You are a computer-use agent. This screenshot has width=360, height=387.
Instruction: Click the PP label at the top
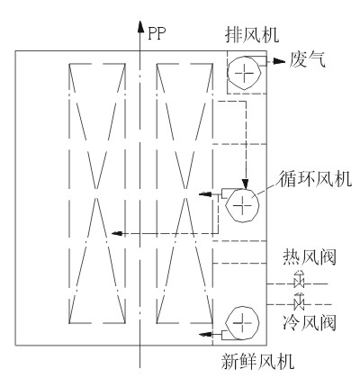click(157, 33)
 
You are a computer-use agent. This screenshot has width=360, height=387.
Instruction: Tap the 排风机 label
click(252, 35)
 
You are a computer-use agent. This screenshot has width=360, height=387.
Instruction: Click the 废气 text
click(307, 59)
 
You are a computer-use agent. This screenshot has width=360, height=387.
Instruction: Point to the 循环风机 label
click(315, 179)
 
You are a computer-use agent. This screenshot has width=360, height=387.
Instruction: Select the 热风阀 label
click(310, 257)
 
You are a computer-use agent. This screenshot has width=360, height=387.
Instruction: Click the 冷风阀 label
click(310, 322)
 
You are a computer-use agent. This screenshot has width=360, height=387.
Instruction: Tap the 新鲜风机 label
click(257, 361)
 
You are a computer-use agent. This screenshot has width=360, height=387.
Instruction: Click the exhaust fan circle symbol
click(245, 73)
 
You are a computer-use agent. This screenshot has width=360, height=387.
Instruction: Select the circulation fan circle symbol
click(242, 205)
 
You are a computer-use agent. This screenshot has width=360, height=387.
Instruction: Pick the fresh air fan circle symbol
click(242, 323)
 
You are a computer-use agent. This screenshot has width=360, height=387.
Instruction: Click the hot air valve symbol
click(299, 279)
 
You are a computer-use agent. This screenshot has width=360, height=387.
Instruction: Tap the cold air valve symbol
click(299, 301)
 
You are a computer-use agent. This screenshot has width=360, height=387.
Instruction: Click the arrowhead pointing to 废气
click(280, 61)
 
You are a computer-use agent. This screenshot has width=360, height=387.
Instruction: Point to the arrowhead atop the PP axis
click(139, 26)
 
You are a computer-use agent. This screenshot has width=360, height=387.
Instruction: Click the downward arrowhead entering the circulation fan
click(246, 184)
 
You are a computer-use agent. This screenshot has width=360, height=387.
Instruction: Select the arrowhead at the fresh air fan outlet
click(205, 334)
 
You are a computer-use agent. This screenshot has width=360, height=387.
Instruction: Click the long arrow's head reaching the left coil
click(117, 233)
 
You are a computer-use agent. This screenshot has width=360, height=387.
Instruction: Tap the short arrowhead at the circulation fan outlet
click(205, 194)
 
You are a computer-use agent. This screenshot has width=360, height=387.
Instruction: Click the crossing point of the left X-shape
click(96, 193)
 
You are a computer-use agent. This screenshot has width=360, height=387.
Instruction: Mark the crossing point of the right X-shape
click(184, 193)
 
